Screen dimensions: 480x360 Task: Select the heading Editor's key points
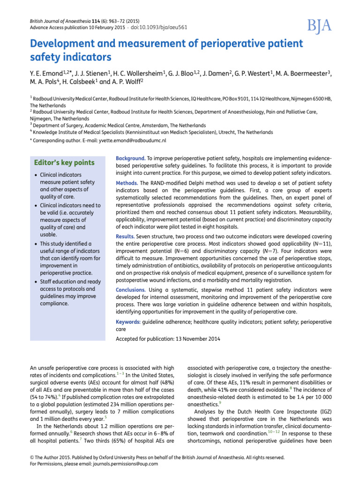point(64,163)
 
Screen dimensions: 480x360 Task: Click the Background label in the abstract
point(130,159)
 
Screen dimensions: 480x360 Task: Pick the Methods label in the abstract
point(127,182)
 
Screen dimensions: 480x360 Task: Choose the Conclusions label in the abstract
point(133,290)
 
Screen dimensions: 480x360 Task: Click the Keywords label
point(128,322)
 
